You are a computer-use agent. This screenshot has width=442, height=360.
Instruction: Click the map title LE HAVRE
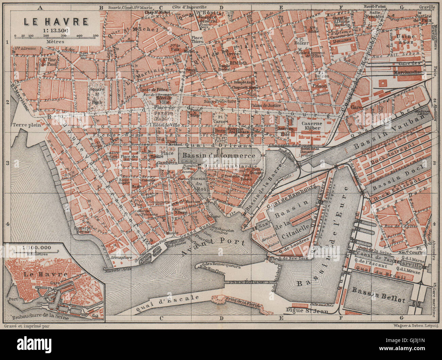(56, 21)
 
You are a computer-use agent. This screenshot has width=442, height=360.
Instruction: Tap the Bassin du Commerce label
(219, 156)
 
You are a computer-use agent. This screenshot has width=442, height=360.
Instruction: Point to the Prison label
(319, 86)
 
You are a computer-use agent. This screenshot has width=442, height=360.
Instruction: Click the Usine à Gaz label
(406, 39)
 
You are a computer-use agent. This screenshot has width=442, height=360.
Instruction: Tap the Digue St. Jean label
(307, 310)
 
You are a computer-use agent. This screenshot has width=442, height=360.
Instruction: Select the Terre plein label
(27, 125)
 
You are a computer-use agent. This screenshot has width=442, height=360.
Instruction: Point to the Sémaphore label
(121, 258)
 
